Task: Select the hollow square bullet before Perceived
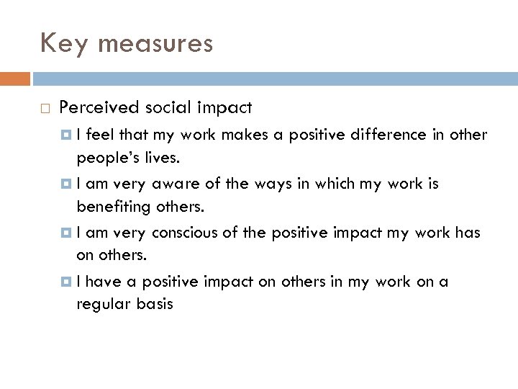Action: point(45,109)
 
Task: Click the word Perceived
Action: point(99,108)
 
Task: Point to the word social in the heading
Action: point(166,108)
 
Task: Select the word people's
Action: point(104,158)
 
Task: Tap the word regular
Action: point(101,303)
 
